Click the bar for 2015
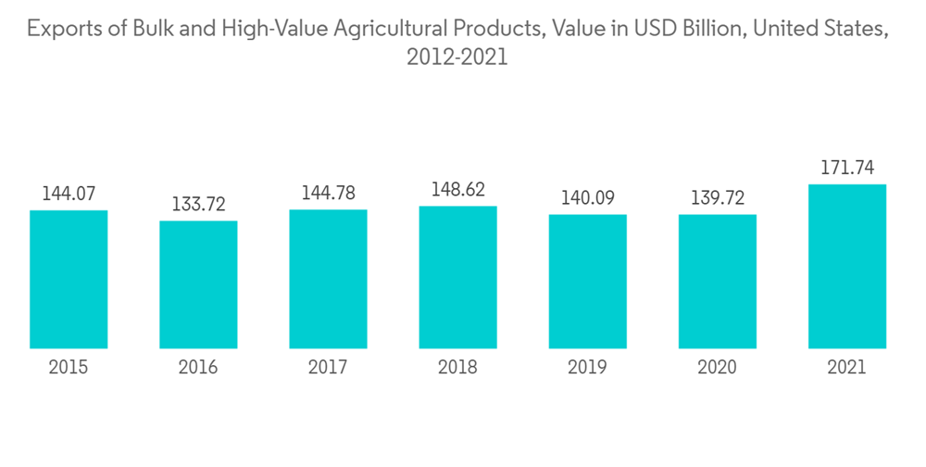(69, 279)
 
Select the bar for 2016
(198, 284)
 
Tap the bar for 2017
(328, 279)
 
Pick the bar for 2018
(457, 277)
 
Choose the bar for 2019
(587, 282)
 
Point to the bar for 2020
(717, 282)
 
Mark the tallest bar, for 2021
(846, 266)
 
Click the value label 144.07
(69, 194)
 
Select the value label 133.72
(198, 204)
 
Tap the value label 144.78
(328, 193)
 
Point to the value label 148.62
(457, 189)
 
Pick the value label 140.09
(587, 197)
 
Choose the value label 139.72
(717, 197)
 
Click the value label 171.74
(846, 168)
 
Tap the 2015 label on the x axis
(69, 368)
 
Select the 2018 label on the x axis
(457, 368)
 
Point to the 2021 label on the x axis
(846, 368)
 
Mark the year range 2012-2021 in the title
(457, 57)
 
